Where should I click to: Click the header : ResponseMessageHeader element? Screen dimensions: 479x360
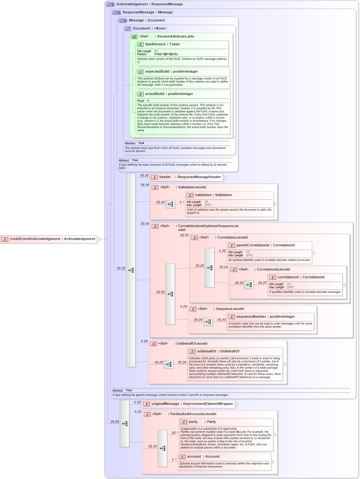click(190, 177)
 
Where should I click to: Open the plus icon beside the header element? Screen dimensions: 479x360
click(224, 177)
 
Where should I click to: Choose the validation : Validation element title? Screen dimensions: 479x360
click(213, 195)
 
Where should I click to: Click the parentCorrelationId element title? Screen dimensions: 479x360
click(265, 245)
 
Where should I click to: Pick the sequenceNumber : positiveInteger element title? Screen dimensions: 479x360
click(265, 317)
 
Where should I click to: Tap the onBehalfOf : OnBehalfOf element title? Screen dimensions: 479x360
click(218, 351)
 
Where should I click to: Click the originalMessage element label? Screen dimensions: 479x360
click(192, 404)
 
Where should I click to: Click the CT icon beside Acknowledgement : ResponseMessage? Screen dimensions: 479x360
click(110, 5)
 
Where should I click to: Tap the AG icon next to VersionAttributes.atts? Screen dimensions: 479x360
click(134, 37)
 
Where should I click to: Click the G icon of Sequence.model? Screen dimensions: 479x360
click(193, 309)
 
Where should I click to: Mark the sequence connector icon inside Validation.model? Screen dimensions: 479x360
click(170, 204)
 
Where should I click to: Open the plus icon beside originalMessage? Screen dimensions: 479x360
click(237, 404)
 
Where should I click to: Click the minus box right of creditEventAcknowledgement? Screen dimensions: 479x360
click(99, 239)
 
